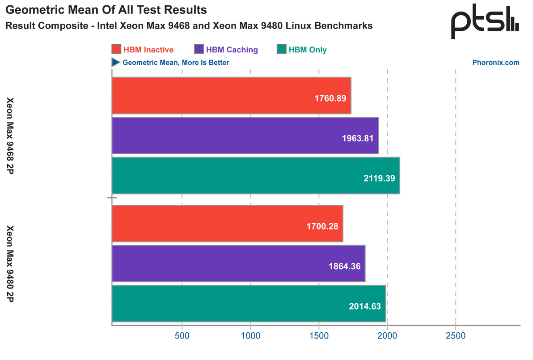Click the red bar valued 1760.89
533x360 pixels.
[231, 96]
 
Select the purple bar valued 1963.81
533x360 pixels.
[245, 136]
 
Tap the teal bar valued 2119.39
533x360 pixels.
[255, 175]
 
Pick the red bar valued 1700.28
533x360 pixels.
[227, 224]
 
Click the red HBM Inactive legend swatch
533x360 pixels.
[116, 49]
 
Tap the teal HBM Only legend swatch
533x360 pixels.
[282, 49]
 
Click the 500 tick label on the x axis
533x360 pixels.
[182, 335]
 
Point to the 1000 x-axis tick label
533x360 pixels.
[250, 335]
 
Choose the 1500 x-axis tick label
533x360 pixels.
[318, 335]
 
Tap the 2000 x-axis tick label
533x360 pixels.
[387, 335]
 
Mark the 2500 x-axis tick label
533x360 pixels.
[455, 335]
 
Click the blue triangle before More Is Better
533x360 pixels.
[115, 63]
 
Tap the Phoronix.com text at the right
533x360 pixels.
[496, 63]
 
